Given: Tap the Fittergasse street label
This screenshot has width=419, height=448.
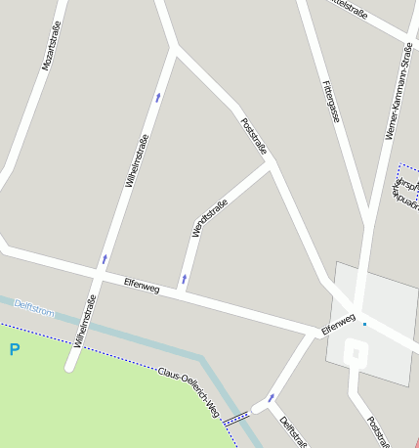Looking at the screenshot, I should click(x=331, y=101).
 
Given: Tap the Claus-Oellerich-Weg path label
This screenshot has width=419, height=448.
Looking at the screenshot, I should click(x=189, y=392).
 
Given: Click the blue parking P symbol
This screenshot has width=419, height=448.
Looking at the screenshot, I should click(x=14, y=349).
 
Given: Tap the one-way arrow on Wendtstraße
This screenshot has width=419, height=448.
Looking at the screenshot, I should click(x=184, y=280).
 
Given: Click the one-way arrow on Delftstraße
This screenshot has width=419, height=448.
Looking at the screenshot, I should click(x=271, y=398).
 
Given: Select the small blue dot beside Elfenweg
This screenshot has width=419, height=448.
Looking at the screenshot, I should click(x=364, y=324).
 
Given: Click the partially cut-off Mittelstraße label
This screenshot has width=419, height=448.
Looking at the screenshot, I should click(x=349, y=8).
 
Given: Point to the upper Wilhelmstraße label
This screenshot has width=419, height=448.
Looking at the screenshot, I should click(x=137, y=160).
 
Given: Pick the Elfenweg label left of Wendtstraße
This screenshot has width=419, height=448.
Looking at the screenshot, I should click(x=141, y=285).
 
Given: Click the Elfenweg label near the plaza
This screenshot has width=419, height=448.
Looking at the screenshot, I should click(x=338, y=322).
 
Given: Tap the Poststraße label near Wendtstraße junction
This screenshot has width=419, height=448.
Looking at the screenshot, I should click(x=253, y=135).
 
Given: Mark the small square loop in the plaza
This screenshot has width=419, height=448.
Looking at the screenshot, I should click(x=356, y=354).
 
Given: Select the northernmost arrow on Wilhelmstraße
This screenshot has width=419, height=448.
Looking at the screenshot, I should click(x=158, y=97).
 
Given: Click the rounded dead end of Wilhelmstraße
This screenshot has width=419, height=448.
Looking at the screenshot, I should click(x=69, y=368).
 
